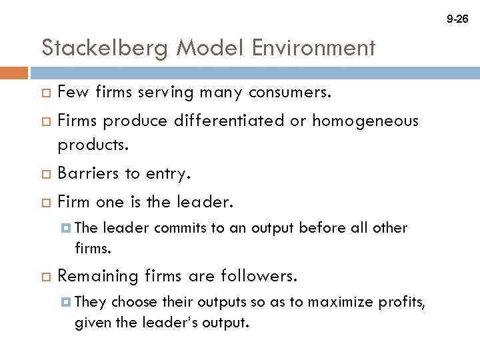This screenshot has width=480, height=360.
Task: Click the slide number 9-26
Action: [x=457, y=19]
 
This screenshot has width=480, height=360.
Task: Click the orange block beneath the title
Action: [x=14, y=73]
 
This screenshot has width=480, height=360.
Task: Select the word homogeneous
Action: [x=365, y=121]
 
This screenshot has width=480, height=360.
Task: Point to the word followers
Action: [x=264, y=275]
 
